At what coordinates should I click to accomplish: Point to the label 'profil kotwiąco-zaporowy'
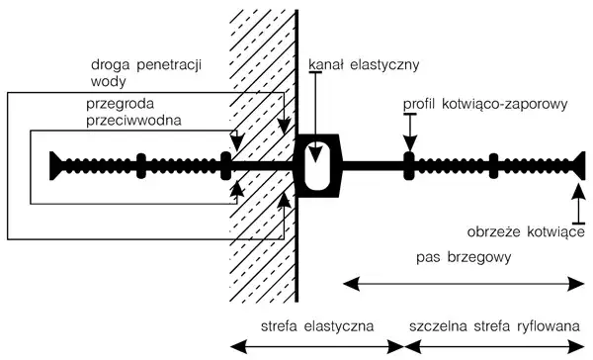(485, 103)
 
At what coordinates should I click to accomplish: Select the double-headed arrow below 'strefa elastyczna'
(316, 346)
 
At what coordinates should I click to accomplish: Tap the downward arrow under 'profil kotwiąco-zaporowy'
(407, 134)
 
